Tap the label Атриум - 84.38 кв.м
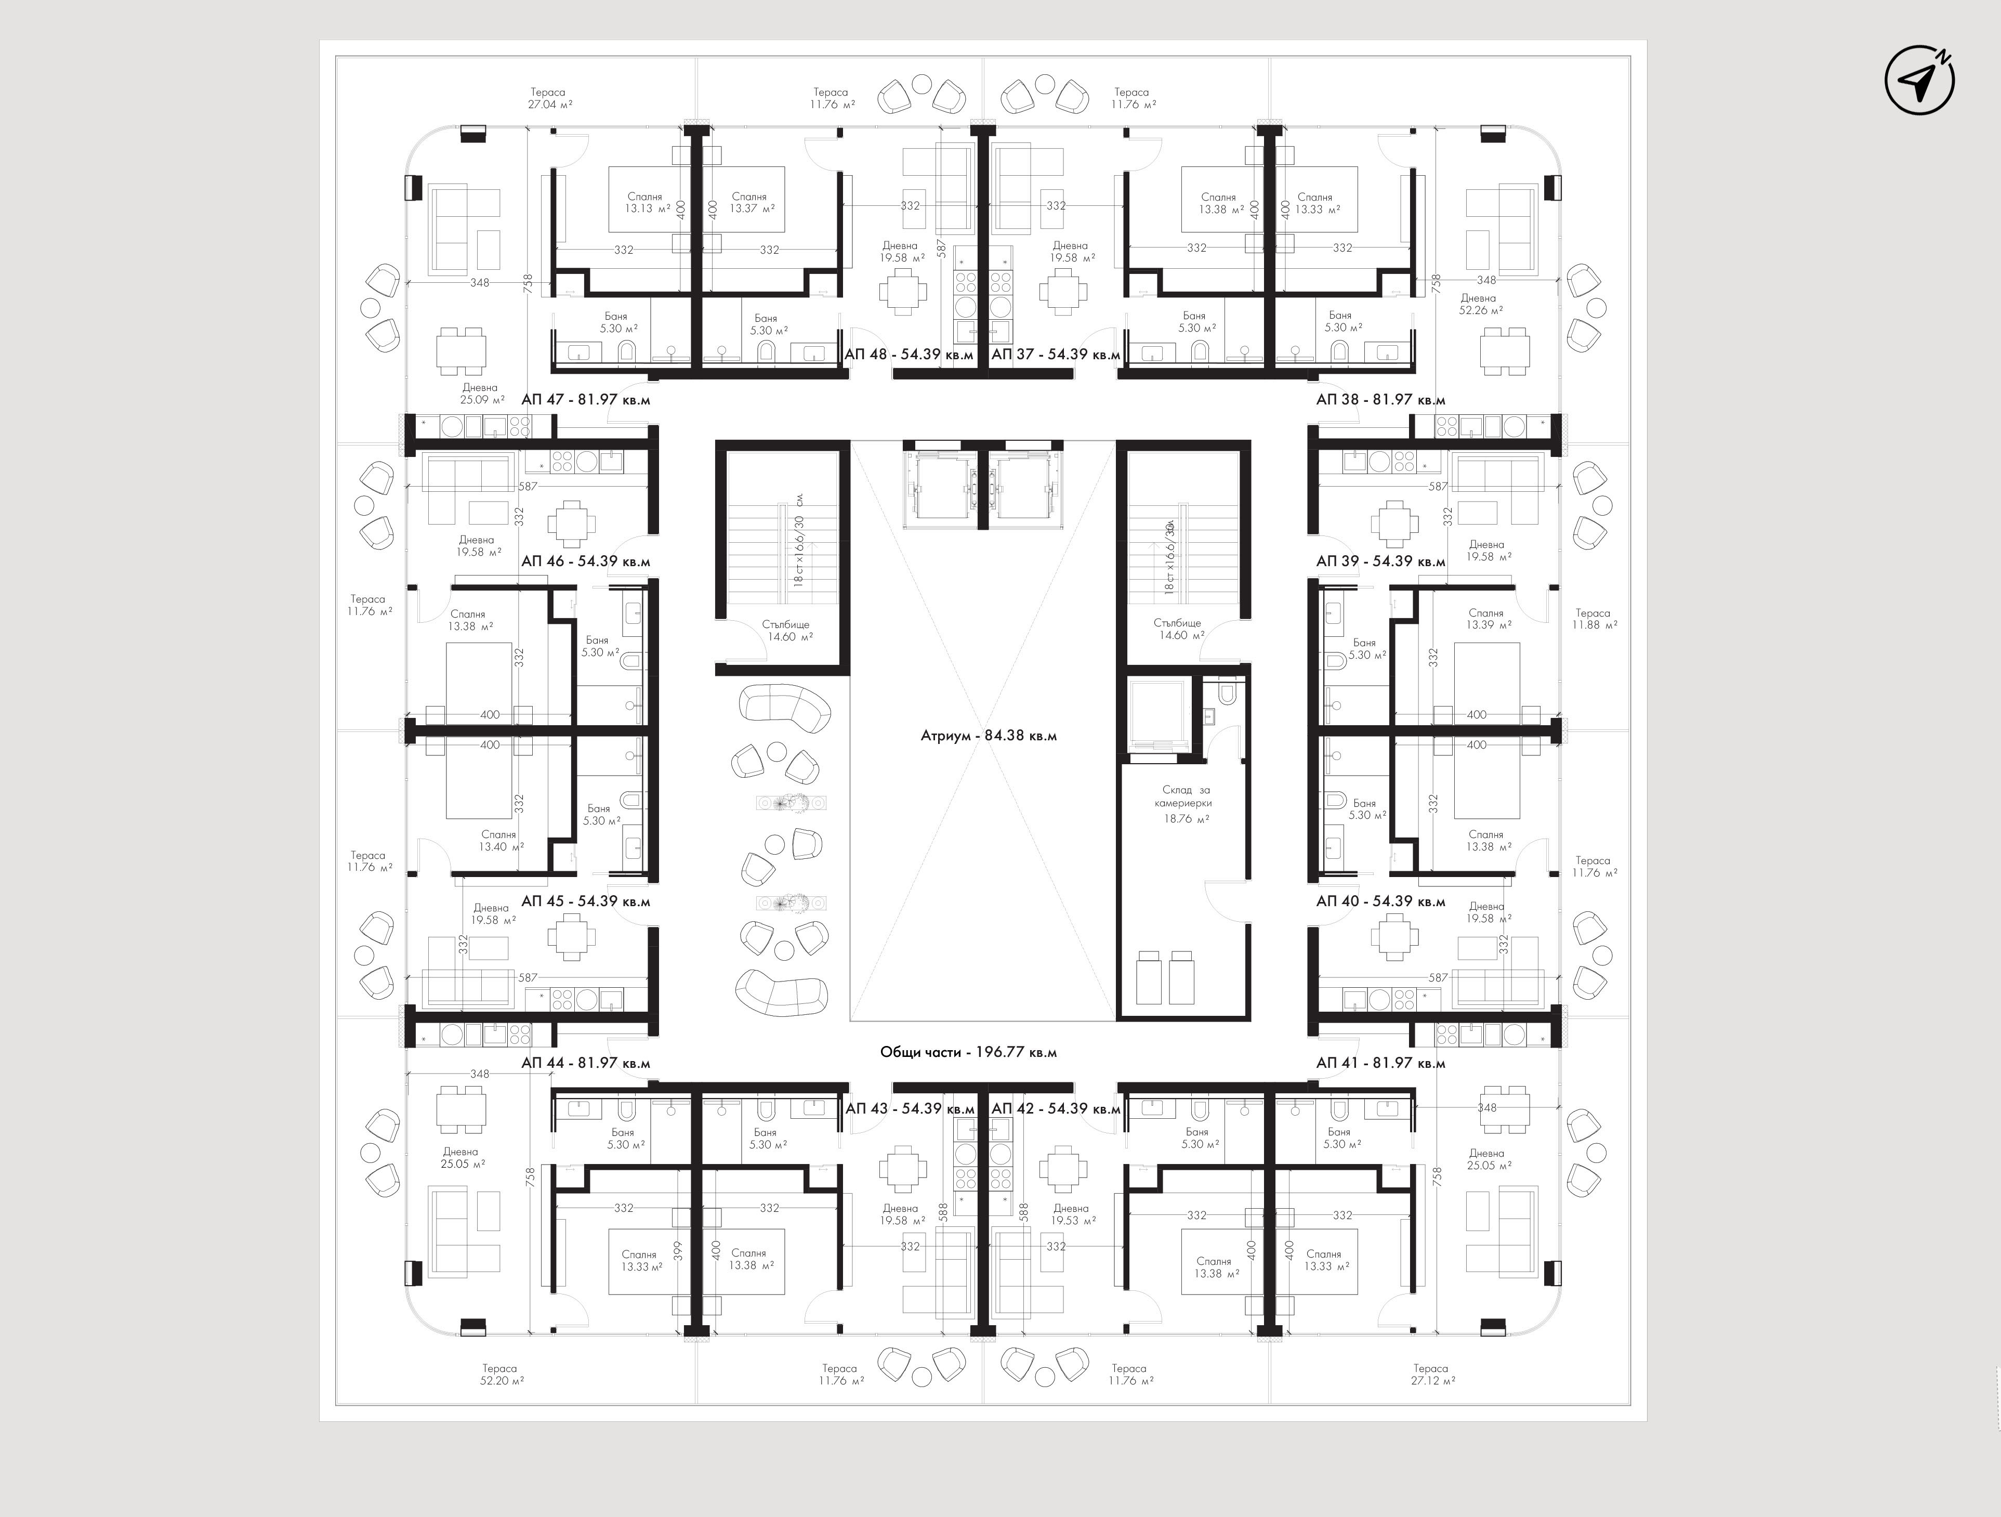pyautogui.click(x=989, y=736)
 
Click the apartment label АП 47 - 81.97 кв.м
pyautogui.click(x=585, y=399)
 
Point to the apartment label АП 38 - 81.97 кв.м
pyautogui.click(x=1380, y=399)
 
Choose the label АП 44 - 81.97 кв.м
pyautogui.click(x=585, y=1063)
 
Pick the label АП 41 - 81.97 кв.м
pyautogui.click(x=1380, y=1063)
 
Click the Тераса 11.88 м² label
pyautogui.click(x=1594, y=619)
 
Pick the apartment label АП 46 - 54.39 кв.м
pyautogui.click(x=585, y=561)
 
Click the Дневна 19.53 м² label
pyautogui.click(x=1073, y=1214)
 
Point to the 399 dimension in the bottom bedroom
pyautogui.click(x=678, y=1250)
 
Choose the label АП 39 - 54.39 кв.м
pyautogui.click(x=1380, y=561)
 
